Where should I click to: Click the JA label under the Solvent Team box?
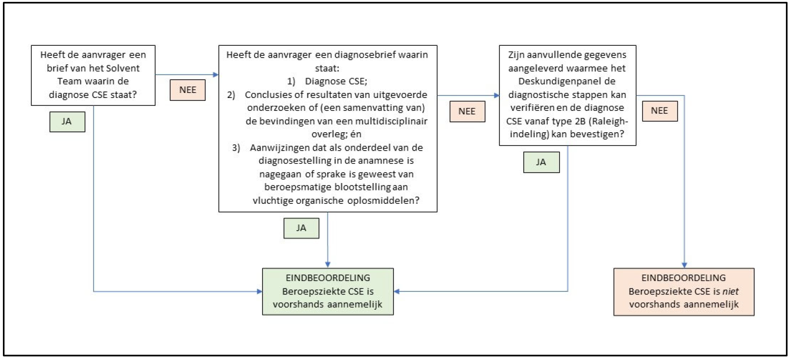point(67,122)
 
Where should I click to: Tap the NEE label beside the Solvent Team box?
point(188,90)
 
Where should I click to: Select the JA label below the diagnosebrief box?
point(301,228)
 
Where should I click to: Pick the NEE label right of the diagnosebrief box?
point(467,111)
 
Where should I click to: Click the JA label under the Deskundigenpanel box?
point(541,162)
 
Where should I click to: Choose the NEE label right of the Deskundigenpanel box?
point(659,111)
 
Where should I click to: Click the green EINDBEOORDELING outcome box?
point(327,291)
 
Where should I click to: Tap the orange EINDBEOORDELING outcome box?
point(684,291)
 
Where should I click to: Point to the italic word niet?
point(730,291)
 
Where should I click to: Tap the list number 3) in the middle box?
point(236,148)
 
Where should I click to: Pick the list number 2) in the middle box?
point(231,95)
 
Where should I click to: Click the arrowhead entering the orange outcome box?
point(684,265)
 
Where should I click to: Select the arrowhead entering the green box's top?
point(327,265)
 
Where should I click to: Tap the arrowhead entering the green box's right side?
point(397,291)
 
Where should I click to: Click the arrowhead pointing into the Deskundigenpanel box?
point(496,95)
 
